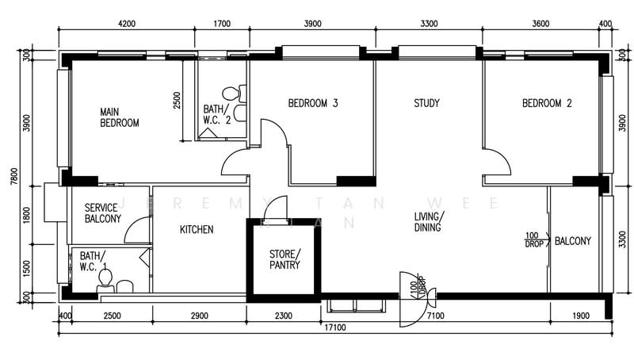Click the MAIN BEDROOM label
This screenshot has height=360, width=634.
tap(119, 117)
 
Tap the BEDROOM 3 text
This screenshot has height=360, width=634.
tap(312, 103)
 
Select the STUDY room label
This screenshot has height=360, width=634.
tap(426, 103)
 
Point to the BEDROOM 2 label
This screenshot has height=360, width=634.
tap(547, 103)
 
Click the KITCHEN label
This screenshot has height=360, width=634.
tap(196, 230)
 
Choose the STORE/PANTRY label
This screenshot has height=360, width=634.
tap(285, 259)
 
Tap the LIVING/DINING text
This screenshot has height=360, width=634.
tap(429, 221)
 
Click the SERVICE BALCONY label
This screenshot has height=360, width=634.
tap(102, 213)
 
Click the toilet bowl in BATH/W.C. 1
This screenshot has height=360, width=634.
tap(123, 285)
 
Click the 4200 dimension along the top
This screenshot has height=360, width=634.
tap(126, 24)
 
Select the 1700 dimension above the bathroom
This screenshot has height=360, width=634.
tap(223, 24)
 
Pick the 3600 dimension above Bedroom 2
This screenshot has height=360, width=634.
tap(540, 24)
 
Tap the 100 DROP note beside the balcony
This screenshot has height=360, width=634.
tap(533, 239)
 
